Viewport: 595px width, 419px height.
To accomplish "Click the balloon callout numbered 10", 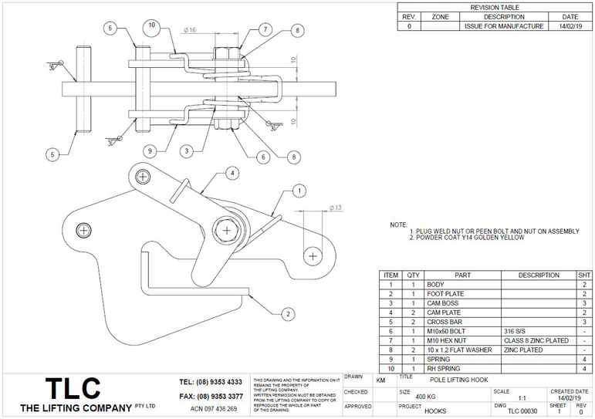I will pyautogui.click(x=151, y=25).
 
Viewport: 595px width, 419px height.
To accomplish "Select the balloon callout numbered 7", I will pyautogui.click(x=265, y=29).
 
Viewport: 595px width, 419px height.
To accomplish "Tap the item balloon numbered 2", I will pyautogui.click(x=287, y=313).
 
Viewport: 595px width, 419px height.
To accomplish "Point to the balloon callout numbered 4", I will pyautogui.click(x=231, y=173).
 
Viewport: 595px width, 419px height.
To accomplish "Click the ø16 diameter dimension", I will pyautogui.click(x=190, y=31).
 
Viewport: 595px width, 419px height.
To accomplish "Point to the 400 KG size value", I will pyautogui.click(x=427, y=396).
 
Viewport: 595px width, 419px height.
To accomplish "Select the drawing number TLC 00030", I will pyautogui.click(x=522, y=411).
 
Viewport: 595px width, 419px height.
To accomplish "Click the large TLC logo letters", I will pyautogui.click(x=71, y=387).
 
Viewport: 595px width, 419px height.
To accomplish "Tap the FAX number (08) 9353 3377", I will pyautogui.click(x=211, y=396).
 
